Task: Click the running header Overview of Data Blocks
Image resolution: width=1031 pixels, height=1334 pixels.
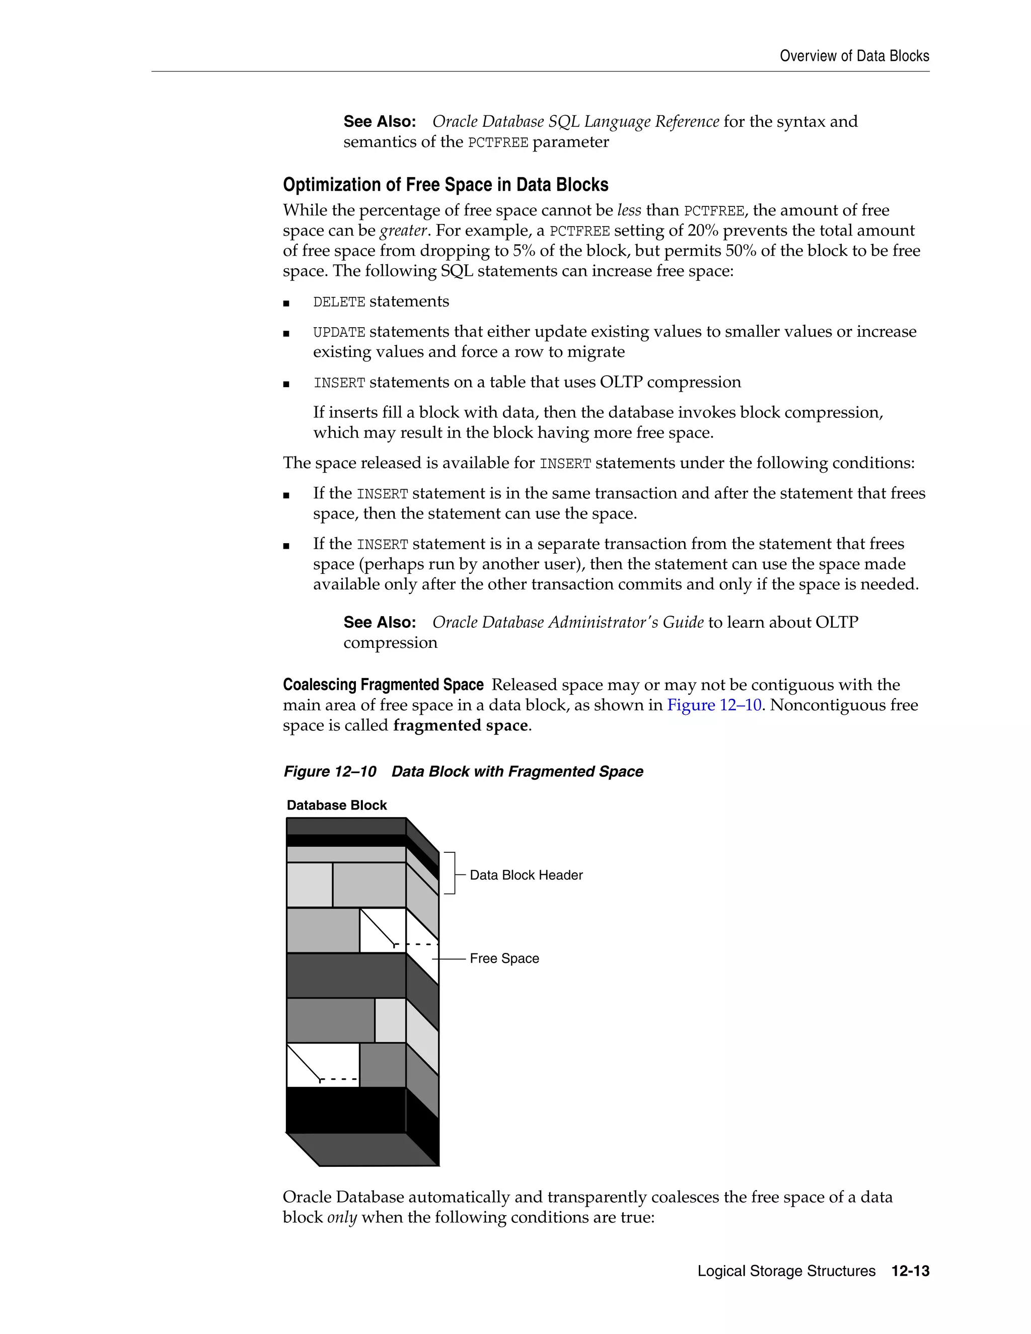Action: (x=854, y=56)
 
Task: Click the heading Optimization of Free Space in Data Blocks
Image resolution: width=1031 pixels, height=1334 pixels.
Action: (x=445, y=184)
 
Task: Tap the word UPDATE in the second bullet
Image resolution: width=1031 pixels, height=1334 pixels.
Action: (x=339, y=332)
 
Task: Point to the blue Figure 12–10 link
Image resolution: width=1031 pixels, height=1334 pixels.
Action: (x=713, y=705)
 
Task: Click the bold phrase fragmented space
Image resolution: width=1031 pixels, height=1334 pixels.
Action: (x=461, y=725)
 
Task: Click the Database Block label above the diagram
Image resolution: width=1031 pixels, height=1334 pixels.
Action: (x=337, y=805)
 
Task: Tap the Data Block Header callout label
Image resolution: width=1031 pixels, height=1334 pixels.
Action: (x=526, y=875)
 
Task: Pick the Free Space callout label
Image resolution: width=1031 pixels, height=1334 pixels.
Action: (x=504, y=958)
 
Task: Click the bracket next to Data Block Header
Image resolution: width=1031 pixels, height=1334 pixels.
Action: (x=452, y=873)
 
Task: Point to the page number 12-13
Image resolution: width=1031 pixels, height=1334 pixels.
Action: (x=910, y=1271)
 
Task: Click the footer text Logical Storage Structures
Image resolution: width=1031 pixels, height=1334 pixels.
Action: (x=786, y=1271)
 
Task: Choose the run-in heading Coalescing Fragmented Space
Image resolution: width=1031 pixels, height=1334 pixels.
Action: (x=383, y=685)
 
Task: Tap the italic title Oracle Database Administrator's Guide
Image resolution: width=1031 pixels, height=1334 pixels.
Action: (x=567, y=622)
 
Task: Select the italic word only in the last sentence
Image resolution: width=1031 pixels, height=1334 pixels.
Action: (x=341, y=1217)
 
